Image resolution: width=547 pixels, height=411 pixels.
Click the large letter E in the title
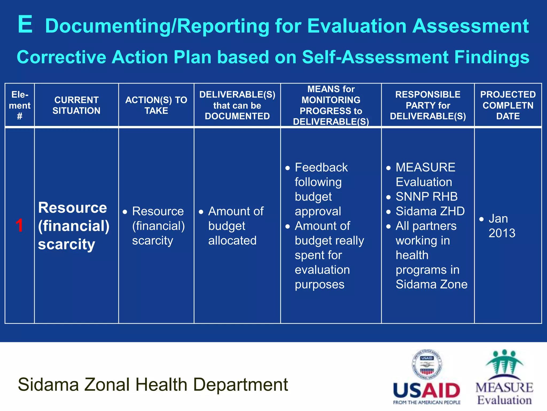pos(25,25)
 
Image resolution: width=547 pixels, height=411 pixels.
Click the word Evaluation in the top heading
pos(357,26)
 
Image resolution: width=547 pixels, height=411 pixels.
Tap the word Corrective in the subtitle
pos(61,57)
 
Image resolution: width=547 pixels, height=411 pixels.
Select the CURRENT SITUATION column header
pos(76,105)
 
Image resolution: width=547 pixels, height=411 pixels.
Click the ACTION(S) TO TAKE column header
pos(156,105)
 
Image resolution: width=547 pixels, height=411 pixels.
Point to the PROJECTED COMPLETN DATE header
pos(508,105)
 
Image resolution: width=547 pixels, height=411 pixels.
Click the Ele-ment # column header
pos(19,105)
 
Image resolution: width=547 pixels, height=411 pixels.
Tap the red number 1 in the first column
pos(19,225)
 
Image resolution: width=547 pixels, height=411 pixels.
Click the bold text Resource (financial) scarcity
pos(73,226)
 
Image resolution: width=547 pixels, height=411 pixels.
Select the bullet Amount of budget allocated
pos(232,226)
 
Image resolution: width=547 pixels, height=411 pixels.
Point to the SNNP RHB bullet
pos(426,197)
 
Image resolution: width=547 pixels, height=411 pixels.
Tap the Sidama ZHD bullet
pos(430,211)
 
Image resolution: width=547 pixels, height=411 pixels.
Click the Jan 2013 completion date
pos(501,226)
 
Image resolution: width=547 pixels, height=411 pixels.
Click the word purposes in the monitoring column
pos(319,284)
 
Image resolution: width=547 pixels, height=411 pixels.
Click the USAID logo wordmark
pos(426,391)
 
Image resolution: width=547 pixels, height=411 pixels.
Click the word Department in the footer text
pos(240,385)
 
